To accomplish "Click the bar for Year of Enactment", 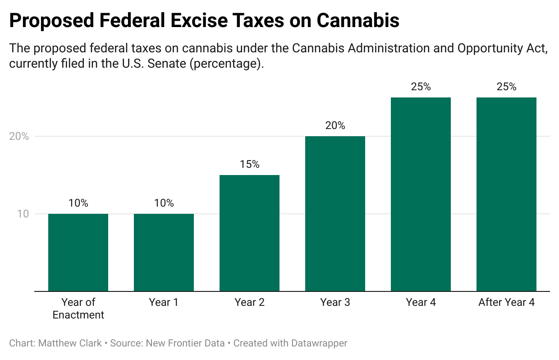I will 78,252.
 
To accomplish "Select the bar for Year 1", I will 164,252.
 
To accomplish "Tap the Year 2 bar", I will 249,233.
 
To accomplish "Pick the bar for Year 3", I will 335,213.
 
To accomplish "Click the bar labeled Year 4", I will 421,194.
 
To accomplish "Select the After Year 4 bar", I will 506,194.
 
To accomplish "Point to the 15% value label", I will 249,165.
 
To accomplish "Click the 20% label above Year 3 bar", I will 335,126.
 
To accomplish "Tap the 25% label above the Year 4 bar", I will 421,87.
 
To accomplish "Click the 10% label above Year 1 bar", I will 164,203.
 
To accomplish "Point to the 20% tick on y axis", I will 19,136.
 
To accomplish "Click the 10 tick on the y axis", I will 23,214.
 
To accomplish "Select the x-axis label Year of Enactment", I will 78,309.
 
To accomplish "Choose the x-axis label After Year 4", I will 506,303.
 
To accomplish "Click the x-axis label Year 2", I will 249,303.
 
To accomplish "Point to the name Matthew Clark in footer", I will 70,343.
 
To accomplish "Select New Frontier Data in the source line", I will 185,343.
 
